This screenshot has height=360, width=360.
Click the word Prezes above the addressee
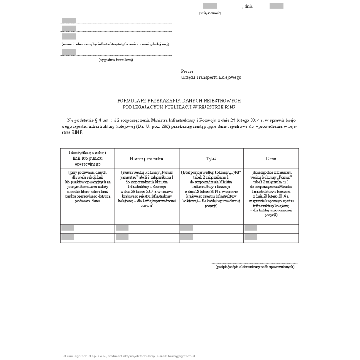click(x=187, y=71)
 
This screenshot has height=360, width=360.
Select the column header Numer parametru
click(x=146, y=159)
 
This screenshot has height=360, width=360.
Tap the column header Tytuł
click(x=211, y=159)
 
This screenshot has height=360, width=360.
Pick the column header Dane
click(x=271, y=159)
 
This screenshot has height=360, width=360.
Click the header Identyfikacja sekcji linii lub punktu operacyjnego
click(x=88, y=159)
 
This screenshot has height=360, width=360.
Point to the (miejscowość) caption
click(x=210, y=13)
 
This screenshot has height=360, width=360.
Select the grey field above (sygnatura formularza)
click(x=69, y=52)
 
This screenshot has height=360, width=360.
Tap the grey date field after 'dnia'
click(x=276, y=6)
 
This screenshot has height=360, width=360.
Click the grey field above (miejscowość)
click(x=210, y=6)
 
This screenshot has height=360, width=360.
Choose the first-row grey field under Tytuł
click(x=186, y=228)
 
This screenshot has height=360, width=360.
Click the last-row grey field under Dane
click(x=251, y=237)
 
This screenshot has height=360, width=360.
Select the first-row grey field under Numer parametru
click(x=122, y=228)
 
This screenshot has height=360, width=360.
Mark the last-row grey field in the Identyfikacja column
click(x=67, y=237)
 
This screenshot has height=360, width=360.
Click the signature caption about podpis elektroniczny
click(x=255, y=267)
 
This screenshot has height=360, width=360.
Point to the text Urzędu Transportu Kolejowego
click(x=211, y=77)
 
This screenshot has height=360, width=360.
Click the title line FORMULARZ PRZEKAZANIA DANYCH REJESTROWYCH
click(x=180, y=101)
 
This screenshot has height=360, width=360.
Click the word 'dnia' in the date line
click(x=249, y=7)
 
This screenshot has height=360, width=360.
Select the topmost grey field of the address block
click(x=69, y=20)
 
